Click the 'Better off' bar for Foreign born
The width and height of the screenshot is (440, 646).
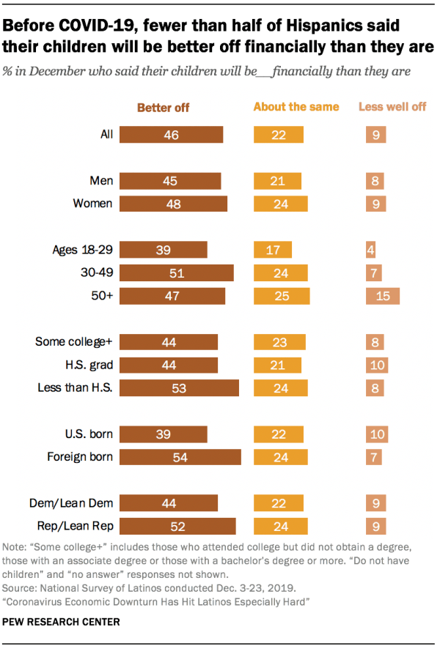180,457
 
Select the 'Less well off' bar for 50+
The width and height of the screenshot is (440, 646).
382,296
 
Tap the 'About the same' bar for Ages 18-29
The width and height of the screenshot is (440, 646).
273,249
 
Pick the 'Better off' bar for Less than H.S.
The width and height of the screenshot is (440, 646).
179,388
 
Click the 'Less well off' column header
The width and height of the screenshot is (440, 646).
392,107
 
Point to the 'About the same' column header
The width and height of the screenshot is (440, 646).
296,107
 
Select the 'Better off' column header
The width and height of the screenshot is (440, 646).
163,108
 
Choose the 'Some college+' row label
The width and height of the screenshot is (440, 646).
74,341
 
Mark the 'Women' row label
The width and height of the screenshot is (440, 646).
93,204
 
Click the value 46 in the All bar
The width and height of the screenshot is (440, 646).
172,135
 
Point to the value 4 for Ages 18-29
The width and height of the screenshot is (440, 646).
371,249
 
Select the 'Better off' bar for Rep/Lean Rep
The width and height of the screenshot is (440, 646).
177,526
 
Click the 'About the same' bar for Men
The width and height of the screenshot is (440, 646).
278,181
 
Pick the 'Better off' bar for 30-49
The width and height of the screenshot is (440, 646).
176,272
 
